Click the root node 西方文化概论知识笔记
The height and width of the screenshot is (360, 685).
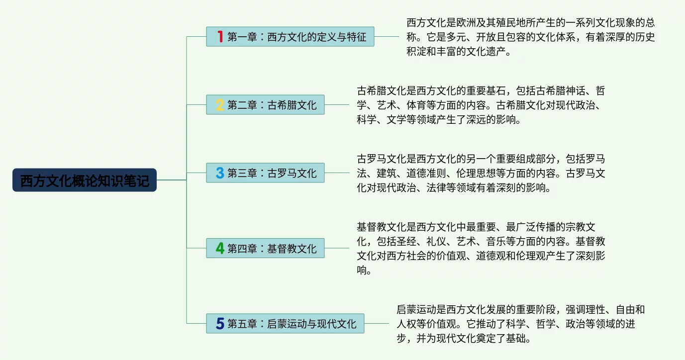coord(85,180)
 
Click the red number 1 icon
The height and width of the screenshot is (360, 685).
coord(220,36)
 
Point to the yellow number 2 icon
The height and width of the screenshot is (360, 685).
coord(220,105)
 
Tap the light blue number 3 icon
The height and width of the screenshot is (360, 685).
coord(220,173)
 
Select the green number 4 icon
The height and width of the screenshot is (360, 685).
coord(220,248)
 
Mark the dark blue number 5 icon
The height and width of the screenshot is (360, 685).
coord(220,324)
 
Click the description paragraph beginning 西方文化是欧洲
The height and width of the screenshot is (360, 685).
coord(530,37)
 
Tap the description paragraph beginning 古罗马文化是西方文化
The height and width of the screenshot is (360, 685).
coord(480,174)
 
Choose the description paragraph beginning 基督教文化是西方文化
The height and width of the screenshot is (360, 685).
coord(480,249)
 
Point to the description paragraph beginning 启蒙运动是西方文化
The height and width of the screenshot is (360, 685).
coord(520,324)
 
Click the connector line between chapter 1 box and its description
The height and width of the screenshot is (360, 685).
coord(387,36)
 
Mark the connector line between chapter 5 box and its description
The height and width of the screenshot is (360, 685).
coord(377,324)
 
